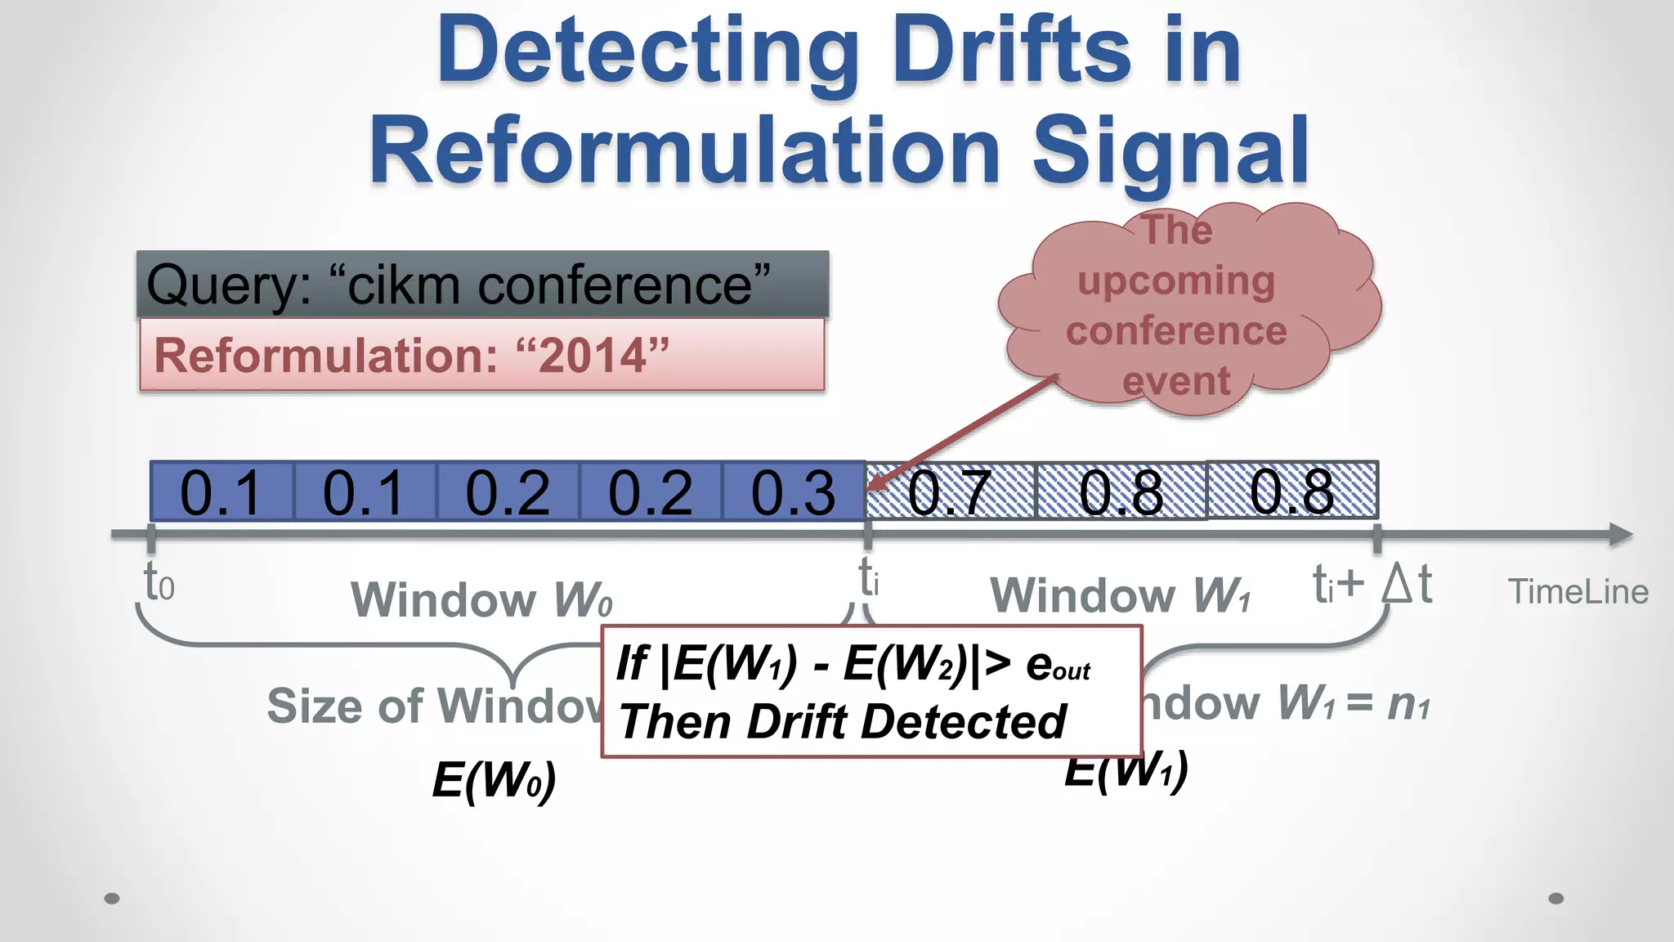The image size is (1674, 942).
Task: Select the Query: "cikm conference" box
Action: click(x=482, y=285)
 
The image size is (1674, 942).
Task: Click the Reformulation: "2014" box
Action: click(x=482, y=355)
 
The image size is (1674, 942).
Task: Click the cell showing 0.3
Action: click(x=793, y=491)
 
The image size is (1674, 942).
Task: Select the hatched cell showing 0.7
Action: click(x=950, y=491)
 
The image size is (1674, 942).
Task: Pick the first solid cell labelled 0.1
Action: click(x=221, y=491)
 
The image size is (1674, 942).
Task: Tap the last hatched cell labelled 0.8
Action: click(x=1291, y=491)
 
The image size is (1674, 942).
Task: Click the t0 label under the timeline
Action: click(x=159, y=582)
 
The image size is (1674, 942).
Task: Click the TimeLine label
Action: click(x=1578, y=591)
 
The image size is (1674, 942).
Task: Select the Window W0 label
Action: click(x=481, y=599)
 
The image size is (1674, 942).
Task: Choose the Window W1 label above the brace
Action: click(x=1120, y=594)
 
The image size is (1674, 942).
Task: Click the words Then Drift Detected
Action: click(x=842, y=721)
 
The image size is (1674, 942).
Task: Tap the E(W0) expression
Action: click(x=494, y=779)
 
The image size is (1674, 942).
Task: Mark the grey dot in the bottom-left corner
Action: click(x=113, y=899)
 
